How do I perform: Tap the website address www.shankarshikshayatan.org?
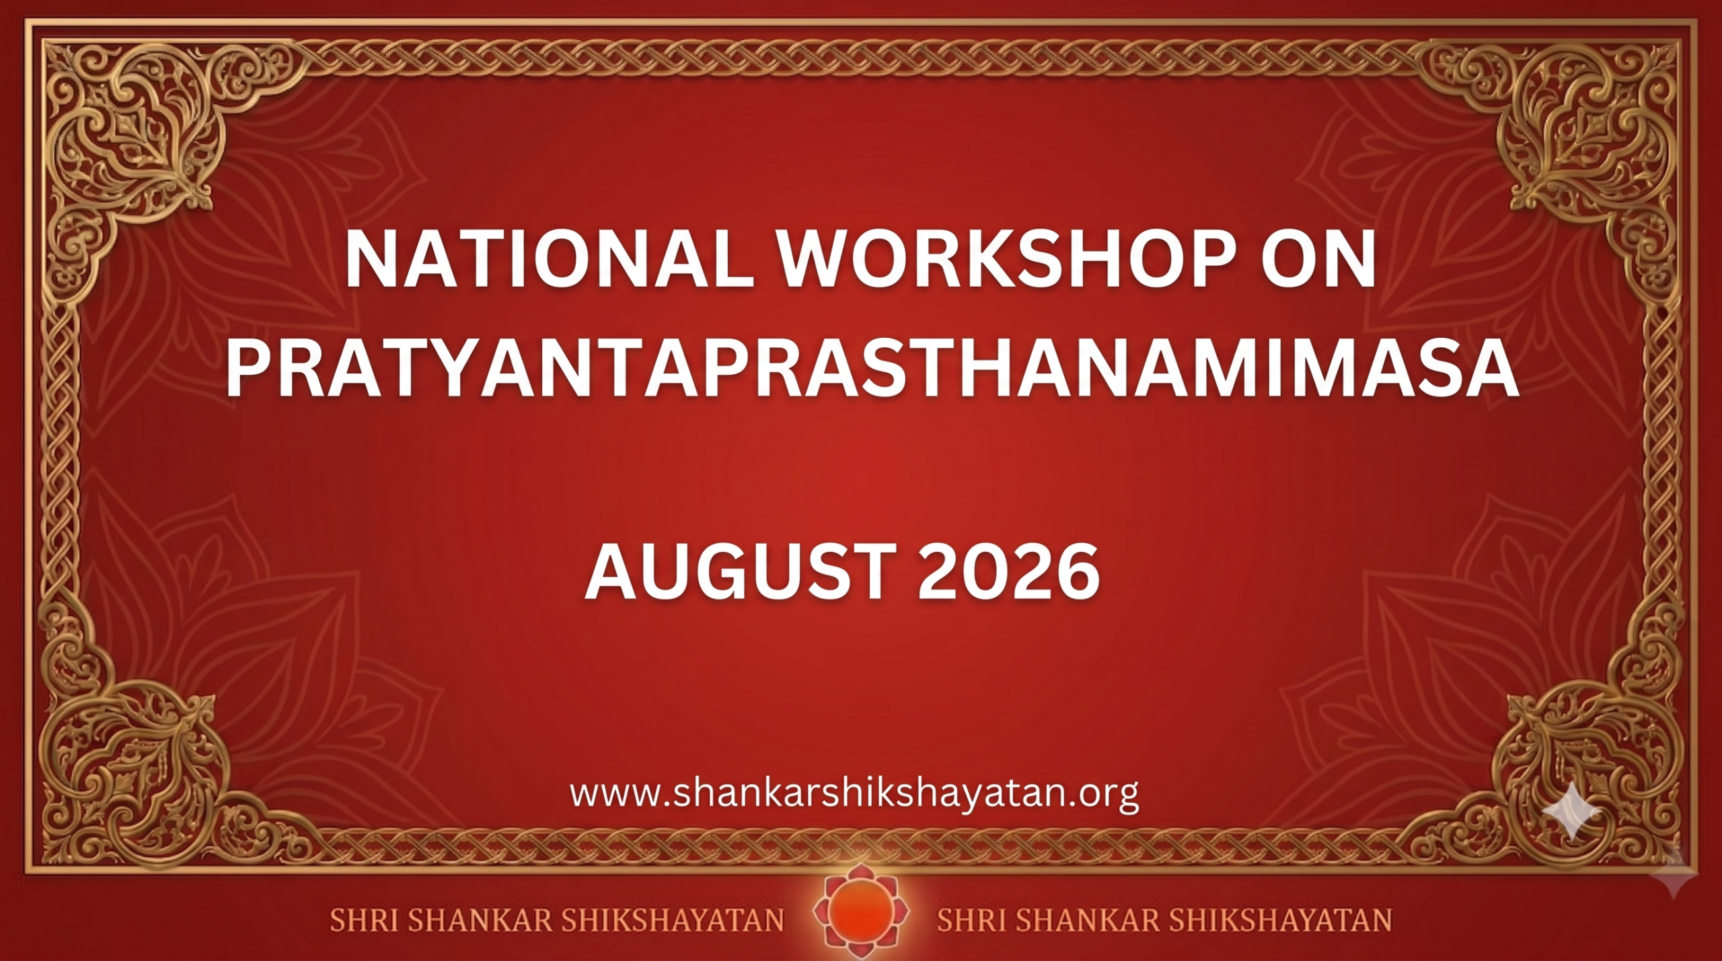pyautogui.click(x=854, y=795)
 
